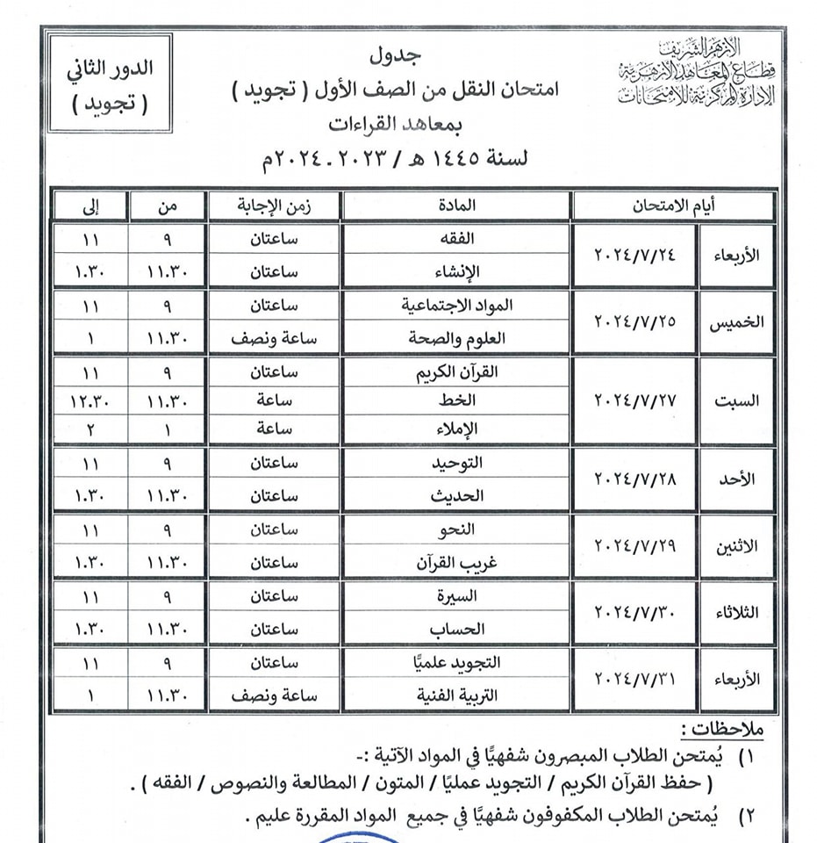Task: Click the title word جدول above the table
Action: tap(401, 54)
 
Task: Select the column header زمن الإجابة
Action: tap(275, 206)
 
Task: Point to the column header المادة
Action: tap(456, 206)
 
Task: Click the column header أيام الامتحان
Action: tap(672, 206)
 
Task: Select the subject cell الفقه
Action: tap(456, 240)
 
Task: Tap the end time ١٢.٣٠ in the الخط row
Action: tap(92, 401)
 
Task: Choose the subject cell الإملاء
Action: tap(456, 430)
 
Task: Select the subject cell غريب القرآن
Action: tap(456, 563)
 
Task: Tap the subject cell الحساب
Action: tap(456, 629)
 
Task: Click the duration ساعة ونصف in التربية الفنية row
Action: tap(275, 695)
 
